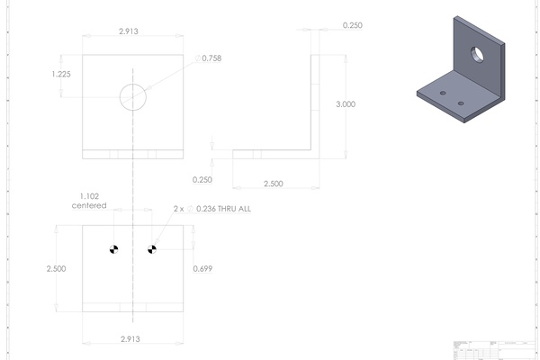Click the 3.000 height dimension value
(345, 104)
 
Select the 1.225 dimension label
(62, 75)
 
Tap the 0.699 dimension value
(204, 268)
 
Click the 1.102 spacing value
(90, 196)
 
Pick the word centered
(89, 206)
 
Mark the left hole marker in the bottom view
(113, 248)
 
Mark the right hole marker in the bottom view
(152, 248)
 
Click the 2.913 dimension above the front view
(131, 31)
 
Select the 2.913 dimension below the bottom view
(131, 339)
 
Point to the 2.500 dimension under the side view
(273, 184)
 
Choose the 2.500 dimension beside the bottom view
(57, 268)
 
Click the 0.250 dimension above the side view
(353, 26)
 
